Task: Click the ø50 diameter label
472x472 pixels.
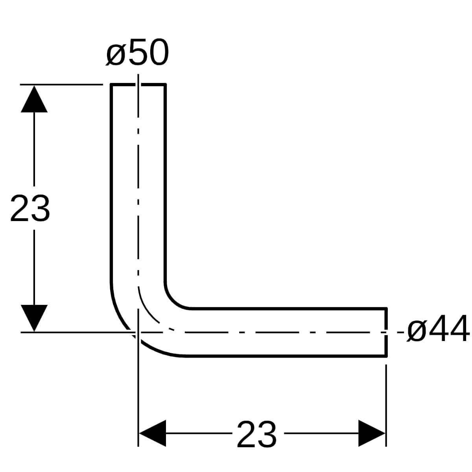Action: coord(137,52)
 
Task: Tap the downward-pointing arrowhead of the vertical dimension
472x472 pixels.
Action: coord(34,318)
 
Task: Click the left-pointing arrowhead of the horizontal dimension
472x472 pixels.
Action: coord(152,433)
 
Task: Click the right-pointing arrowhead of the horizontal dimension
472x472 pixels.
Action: coord(372,433)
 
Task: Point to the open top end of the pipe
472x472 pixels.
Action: coord(138,85)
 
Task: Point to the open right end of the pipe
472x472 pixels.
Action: coord(386,332)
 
